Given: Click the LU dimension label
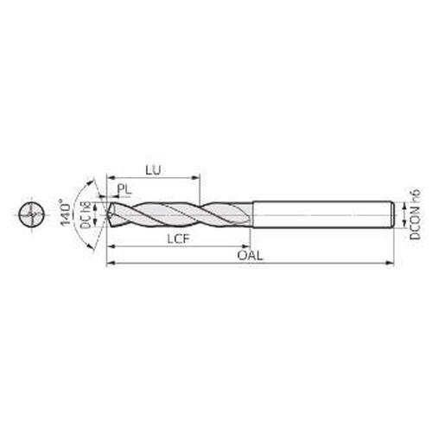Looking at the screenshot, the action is pos(153,170).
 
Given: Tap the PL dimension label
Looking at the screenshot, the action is pos(124,189).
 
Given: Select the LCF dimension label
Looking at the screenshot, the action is pos(179,238).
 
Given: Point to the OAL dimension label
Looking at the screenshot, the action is pos(250,256).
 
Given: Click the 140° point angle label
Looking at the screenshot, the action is pos(66,213).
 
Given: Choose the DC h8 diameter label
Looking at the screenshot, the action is pos(86,215).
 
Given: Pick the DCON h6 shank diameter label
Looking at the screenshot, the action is pos(415,214).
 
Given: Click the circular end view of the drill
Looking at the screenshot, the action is pos(32,215).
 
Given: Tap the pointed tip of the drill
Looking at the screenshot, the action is pos(108,215).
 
